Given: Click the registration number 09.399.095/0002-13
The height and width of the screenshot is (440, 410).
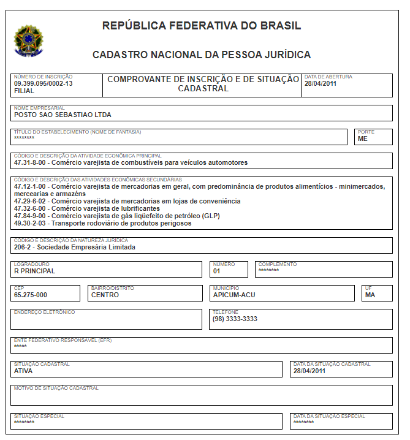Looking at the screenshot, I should [43, 83].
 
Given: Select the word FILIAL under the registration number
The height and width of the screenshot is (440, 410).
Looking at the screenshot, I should [25, 91].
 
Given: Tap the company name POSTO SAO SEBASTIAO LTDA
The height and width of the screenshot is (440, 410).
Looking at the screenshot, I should [63, 115].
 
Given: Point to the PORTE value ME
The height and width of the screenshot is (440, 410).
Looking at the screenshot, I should [363, 139].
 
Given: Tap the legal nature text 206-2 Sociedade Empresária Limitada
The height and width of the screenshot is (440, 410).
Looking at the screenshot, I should [74, 248].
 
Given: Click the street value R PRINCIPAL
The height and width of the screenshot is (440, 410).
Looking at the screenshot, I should [34, 271].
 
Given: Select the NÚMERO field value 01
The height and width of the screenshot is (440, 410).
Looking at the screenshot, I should [217, 271].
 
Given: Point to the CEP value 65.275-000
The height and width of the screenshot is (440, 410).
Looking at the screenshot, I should [31, 295].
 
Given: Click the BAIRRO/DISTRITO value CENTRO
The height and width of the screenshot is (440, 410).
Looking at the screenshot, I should [105, 295].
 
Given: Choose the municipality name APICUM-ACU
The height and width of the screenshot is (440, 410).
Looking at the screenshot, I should [234, 295].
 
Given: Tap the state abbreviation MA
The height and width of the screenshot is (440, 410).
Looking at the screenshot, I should [370, 295].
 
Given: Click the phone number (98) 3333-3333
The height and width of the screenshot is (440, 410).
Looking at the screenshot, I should [235, 319].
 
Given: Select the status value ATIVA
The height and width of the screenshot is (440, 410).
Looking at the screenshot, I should [23, 371].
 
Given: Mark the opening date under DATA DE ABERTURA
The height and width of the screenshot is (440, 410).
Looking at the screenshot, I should [321, 83].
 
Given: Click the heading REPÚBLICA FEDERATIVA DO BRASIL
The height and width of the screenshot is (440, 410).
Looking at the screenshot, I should [202, 26].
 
